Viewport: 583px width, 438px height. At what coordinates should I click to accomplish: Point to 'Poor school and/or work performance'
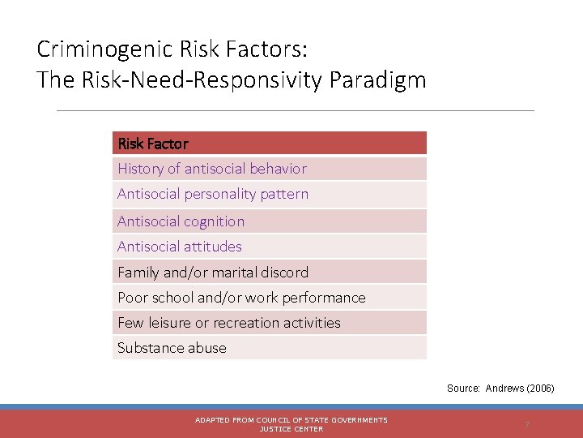click(x=241, y=298)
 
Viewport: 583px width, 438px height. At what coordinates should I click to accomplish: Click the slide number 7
click(x=527, y=425)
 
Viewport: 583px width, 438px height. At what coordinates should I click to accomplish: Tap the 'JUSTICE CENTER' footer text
click(x=291, y=429)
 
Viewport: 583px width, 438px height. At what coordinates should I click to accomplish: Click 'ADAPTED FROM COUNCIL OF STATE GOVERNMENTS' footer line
click(x=291, y=420)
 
